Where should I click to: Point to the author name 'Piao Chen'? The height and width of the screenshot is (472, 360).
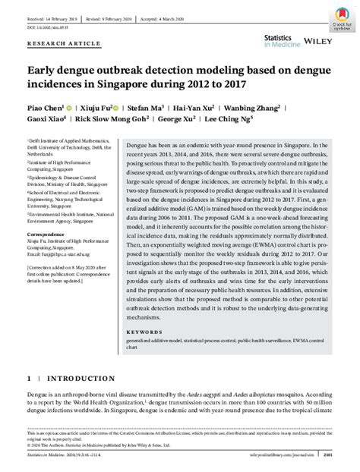(x=44, y=109)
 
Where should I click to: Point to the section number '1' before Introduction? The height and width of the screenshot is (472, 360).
(x=30, y=378)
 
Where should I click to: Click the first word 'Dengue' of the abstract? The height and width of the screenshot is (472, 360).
(x=137, y=143)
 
